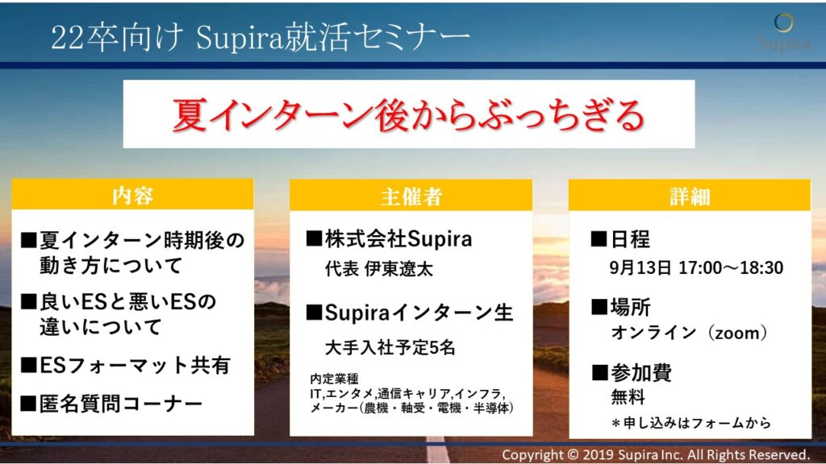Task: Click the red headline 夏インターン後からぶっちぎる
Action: click(x=408, y=114)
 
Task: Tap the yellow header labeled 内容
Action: click(x=132, y=196)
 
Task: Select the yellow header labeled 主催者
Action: click(x=411, y=196)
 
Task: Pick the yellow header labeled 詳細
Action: click(x=689, y=196)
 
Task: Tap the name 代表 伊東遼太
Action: click(x=378, y=270)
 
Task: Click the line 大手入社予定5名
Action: click(x=390, y=348)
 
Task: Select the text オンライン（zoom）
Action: click(x=690, y=333)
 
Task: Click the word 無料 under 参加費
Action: click(x=628, y=397)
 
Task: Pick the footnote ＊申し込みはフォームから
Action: click(x=691, y=423)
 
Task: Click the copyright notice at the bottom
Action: click(x=656, y=454)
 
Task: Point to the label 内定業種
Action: click(x=335, y=378)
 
